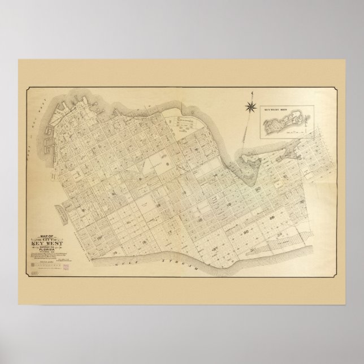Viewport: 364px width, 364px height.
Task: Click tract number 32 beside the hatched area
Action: click(280, 233)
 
